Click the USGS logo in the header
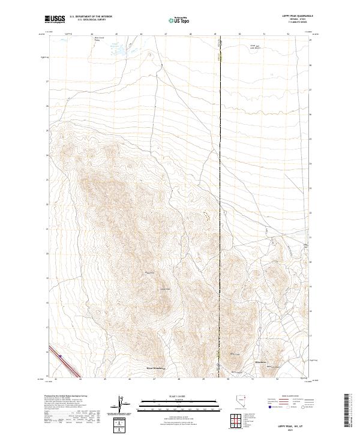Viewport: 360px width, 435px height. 55,19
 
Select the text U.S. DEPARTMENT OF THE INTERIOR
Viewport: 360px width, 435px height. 91,16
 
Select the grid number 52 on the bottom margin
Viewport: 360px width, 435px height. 277,379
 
